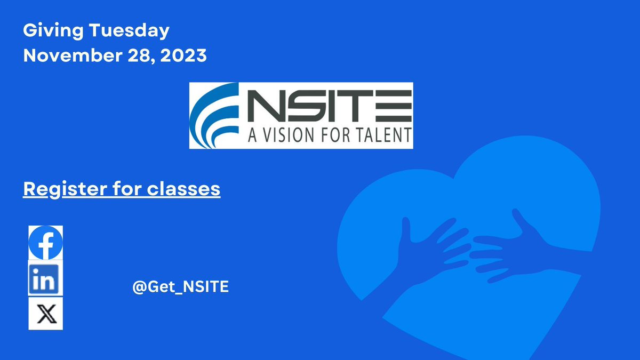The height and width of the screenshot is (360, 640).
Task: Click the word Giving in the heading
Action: (x=46, y=31)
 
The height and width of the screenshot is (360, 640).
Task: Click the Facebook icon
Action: (x=45, y=243)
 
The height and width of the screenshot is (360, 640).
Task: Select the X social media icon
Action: (x=45, y=314)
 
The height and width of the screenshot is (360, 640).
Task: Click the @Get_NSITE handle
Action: (x=180, y=287)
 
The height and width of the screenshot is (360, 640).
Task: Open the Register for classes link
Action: (x=122, y=189)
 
